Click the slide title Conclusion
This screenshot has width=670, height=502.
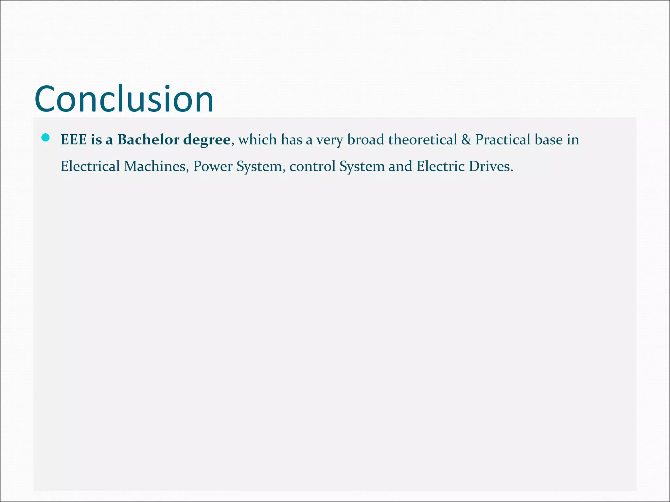[x=124, y=99]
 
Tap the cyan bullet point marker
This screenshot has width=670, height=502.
[x=45, y=138]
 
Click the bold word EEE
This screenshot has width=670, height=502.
[x=74, y=140]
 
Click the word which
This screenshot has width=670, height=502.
[x=257, y=140]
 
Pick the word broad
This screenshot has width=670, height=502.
[x=365, y=140]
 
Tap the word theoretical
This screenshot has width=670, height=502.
[x=422, y=140]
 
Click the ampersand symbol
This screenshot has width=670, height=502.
[x=466, y=140]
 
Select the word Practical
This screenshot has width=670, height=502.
[x=502, y=140]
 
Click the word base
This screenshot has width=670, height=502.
[x=549, y=140]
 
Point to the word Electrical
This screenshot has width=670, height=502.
[x=90, y=166]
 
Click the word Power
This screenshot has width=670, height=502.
[x=213, y=166]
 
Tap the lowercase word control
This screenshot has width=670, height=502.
[x=312, y=166]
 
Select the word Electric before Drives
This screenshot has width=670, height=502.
[x=440, y=166]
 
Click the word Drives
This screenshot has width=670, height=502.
[x=491, y=166]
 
